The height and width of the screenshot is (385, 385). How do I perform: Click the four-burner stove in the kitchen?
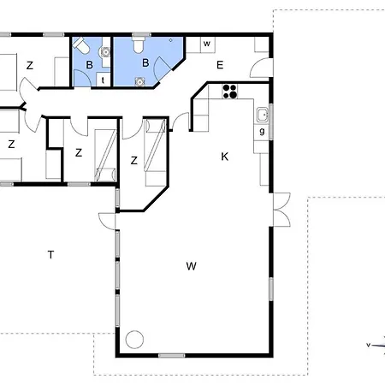230,92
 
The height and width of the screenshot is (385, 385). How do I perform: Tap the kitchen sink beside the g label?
263,115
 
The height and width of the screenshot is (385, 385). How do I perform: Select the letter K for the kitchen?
225,157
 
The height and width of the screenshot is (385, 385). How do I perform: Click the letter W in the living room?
191,266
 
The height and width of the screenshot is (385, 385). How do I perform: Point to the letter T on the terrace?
50,254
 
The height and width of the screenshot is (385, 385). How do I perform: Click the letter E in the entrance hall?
220,65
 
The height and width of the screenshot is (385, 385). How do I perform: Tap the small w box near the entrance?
207,44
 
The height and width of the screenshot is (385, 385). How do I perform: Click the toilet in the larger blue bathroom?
139,45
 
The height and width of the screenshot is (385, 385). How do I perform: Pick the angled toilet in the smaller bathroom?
81,45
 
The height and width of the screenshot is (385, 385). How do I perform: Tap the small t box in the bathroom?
103,80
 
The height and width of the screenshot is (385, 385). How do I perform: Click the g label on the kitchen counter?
262,131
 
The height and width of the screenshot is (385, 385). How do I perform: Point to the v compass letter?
368,345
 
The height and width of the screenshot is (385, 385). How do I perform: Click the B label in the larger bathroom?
145,62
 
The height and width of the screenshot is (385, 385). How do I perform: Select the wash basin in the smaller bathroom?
105,52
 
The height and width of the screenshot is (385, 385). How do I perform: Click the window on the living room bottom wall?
172,355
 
